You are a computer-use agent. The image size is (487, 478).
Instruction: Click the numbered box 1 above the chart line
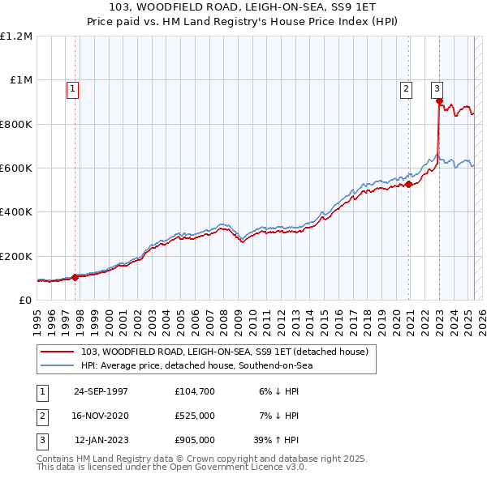pos(72,89)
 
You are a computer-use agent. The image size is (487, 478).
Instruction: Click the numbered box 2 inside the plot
pos(405,89)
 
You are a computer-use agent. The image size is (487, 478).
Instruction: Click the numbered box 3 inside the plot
pos(437,89)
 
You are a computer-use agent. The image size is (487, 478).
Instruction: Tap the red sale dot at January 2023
pos(439,101)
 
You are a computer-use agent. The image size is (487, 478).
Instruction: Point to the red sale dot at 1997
pos(75,277)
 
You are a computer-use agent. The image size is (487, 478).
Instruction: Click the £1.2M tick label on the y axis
pos(16,36)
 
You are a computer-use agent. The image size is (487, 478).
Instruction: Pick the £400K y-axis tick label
pos(16,212)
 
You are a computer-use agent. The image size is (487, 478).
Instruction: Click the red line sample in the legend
pos(58,352)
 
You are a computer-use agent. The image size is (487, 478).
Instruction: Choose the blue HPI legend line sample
pos(58,365)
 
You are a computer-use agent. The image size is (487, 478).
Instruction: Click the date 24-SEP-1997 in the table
pos(101,391)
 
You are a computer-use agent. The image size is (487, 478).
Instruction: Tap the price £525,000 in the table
pos(194,416)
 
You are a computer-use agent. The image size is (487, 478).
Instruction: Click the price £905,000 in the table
pos(194,441)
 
